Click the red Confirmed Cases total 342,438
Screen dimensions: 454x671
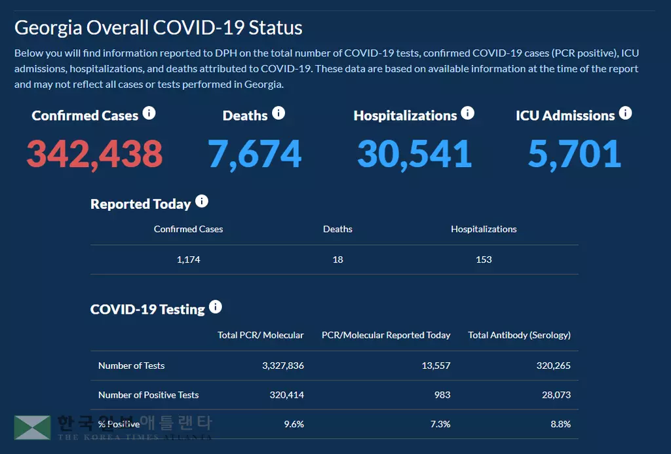pyautogui.click(x=94, y=153)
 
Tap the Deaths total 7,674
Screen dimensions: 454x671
pyautogui.click(x=255, y=153)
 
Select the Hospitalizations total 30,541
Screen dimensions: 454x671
pyautogui.click(x=414, y=153)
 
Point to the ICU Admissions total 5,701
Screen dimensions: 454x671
pyautogui.click(x=575, y=153)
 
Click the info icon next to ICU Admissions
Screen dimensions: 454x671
pyautogui.click(x=625, y=113)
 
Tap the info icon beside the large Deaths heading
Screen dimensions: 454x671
pyautogui.click(x=278, y=113)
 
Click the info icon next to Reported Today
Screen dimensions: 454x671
pyautogui.click(x=202, y=202)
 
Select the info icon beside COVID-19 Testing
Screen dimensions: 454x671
pyautogui.click(x=215, y=307)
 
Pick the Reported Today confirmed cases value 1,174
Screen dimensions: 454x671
pyautogui.click(x=188, y=259)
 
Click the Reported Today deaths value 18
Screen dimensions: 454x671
pyautogui.click(x=337, y=259)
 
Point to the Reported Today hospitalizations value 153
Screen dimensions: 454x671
pyautogui.click(x=484, y=259)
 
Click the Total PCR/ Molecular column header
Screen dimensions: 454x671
pyautogui.click(x=261, y=335)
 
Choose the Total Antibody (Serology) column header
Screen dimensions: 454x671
pyautogui.click(x=519, y=335)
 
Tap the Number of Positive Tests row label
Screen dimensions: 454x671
pyautogui.click(x=148, y=395)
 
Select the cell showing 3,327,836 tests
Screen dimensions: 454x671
pyautogui.click(x=282, y=366)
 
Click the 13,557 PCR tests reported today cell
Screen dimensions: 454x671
pyautogui.click(x=436, y=366)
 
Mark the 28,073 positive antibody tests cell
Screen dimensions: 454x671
pyautogui.click(x=554, y=395)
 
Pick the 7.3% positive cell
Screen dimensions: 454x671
pyautogui.click(x=440, y=424)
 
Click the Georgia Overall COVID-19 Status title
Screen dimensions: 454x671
pyautogui.click(x=159, y=28)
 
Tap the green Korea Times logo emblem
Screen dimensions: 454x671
pyautogui.click(x=32, y=427)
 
